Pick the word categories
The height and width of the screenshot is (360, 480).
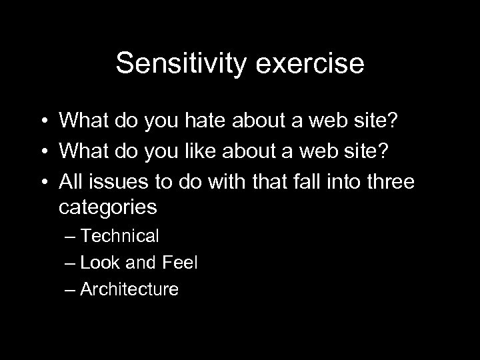coord(108,207)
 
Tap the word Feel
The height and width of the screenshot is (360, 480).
coord(180,262)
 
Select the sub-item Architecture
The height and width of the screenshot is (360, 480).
coord(129,289)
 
